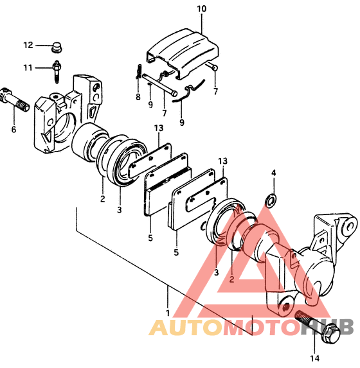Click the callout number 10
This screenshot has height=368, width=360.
(x=201, y=9)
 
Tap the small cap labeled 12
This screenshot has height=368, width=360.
(x=57, y=47)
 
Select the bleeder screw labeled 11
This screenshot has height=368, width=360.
(x=57, y=71)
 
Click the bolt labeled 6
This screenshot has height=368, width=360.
(x=15, y=100)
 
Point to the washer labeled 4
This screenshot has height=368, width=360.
(x=271, y=199)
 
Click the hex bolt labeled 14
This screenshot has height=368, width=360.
(x=318, y=327)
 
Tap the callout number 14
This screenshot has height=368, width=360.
(x=314, y=358)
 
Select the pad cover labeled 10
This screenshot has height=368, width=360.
(x=183, y=53)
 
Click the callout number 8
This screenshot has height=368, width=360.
(x=138, y=97)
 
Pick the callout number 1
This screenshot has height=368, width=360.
(x=168, y=313)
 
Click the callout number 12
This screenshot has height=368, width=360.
(x=28, y=45)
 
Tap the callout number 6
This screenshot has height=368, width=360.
(x=14, y=129)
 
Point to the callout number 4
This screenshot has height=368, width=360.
(x=273, y=173)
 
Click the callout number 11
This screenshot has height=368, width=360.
(x=28, y=68)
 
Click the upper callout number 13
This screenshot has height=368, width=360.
(x=159, y=128)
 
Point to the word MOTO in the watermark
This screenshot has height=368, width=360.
(x=261, y=328)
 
